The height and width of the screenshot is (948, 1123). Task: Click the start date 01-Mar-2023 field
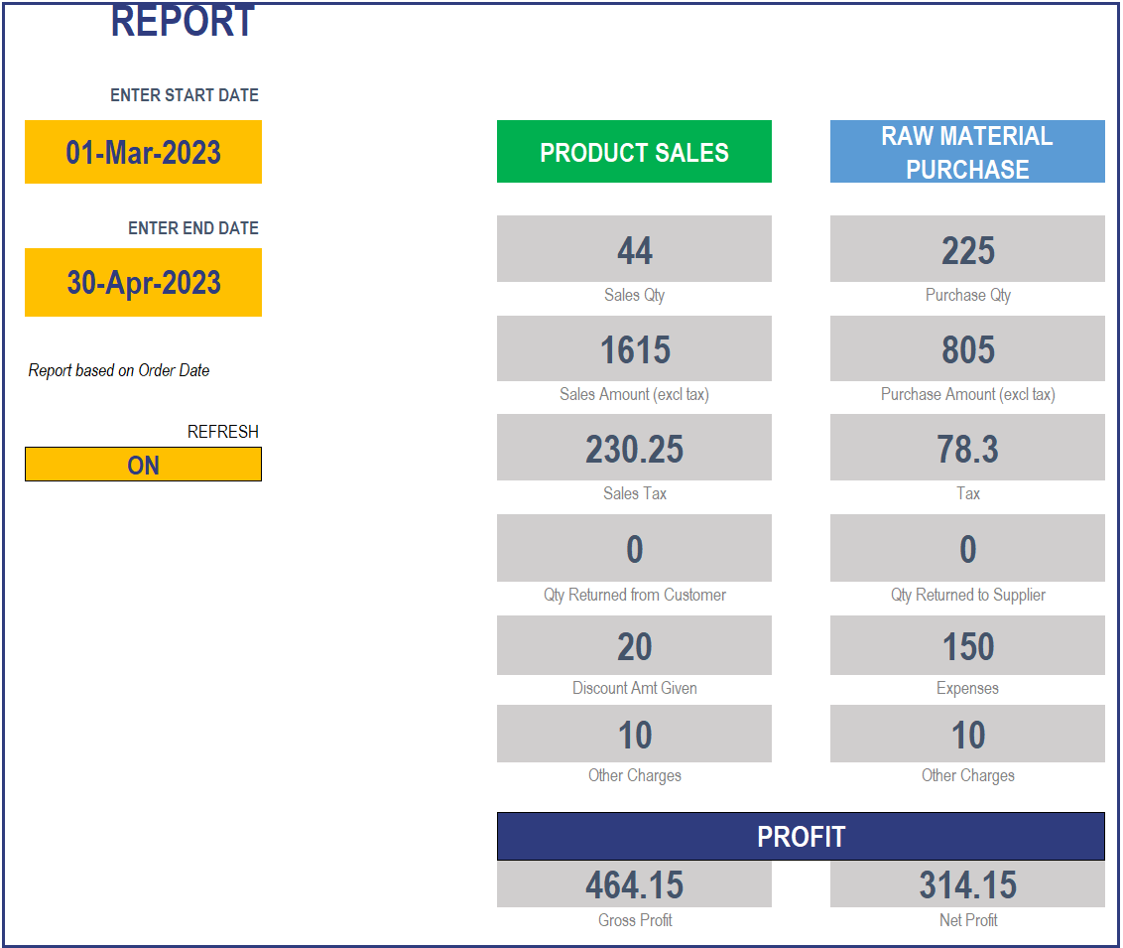(143, 152)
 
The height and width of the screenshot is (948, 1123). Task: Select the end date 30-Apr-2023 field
(143, 283)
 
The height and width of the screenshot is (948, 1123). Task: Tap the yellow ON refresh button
(143, 465)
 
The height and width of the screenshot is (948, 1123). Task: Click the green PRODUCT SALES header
(634, 152)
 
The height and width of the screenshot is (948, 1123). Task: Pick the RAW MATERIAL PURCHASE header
(967, 152)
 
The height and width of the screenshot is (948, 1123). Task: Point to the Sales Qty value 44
(634, 250)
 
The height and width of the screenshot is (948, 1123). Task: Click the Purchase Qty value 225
(967, 250)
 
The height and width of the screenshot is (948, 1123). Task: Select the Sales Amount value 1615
(634, 349)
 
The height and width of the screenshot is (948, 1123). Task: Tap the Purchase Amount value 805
(967, 349)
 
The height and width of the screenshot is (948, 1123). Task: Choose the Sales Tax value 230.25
(634, 449)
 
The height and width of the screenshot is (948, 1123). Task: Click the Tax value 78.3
(967, 449)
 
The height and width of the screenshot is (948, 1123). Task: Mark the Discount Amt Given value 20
(634, 646)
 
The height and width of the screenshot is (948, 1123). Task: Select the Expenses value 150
(967, 646)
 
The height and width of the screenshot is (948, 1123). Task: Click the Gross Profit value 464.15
(634, 884)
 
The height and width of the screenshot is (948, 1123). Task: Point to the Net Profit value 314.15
(967, 884)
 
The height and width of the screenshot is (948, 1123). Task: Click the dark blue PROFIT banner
(801, 837)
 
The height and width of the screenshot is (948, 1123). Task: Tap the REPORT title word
(183, 22)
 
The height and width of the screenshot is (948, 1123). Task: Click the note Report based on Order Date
(119, 370)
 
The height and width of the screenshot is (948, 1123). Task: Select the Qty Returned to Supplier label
(967, 595)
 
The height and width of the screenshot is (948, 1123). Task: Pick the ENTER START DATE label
(185, 95)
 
